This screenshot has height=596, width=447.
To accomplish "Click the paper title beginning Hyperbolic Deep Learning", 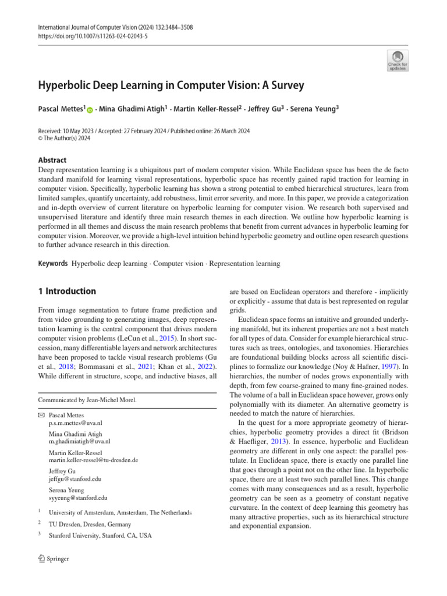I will tap(171, 85).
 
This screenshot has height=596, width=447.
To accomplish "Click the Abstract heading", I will tap(52, 160).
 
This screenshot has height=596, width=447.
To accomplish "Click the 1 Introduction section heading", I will tap(67, 291).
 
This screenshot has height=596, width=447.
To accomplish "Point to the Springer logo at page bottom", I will tap(54, 559).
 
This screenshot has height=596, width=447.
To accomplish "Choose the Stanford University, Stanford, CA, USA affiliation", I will tap(100, 535).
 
